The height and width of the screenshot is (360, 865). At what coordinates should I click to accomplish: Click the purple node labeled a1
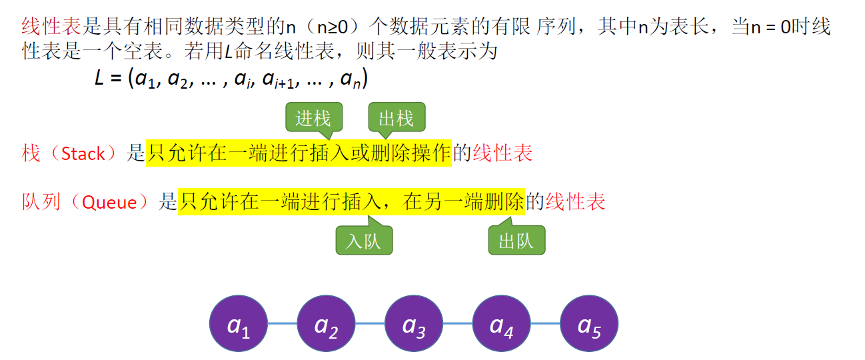coord(239,324)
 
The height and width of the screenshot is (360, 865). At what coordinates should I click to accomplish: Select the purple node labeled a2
coord(326,324)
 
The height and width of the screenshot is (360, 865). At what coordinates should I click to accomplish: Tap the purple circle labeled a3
coord(414,324)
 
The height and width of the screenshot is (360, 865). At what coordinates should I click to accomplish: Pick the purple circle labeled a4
coord(501,324)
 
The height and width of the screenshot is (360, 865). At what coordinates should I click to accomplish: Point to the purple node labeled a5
coord(589,324)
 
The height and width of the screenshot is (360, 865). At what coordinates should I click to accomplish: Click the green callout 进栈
coord(313,118)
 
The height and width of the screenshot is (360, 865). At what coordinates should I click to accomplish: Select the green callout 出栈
coord(397,118)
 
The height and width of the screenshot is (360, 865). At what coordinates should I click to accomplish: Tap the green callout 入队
coord(364,241)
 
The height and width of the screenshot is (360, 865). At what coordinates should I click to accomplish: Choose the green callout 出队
coord(516,241)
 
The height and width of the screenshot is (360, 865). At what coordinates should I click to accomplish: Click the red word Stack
coord(83,154)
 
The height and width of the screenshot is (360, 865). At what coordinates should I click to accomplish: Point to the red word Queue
coord(109,202)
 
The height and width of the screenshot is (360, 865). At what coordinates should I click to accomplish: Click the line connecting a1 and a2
coord(283,324)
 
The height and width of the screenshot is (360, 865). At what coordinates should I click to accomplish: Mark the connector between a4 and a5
coord(545,324)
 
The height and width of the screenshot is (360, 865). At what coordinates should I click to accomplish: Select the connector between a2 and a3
coord(370,324)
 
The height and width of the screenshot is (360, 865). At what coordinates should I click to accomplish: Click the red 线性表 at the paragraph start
coord(52,27)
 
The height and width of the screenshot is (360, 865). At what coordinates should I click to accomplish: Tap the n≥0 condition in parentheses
coord(325,27)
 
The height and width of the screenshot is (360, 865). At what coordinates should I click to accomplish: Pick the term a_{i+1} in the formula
coord(279,79)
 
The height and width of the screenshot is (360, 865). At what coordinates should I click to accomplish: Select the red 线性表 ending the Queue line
coord(576,202)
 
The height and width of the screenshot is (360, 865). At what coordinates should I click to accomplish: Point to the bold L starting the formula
coord(100,78)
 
